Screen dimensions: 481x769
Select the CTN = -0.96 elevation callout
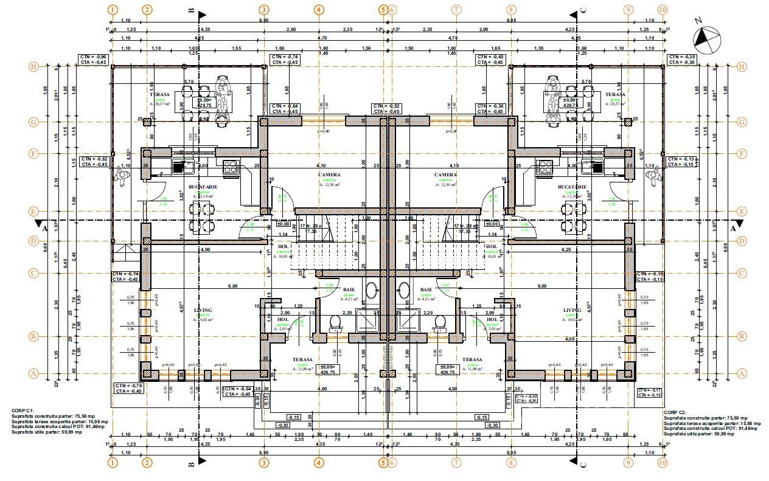tap(92, 59)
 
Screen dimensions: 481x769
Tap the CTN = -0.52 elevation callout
tap(386, 109)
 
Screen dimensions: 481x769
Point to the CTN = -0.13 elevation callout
tap(680, 161)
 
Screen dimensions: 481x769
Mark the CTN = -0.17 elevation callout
tap(649, 392)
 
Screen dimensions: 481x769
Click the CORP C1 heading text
tap(23, 411)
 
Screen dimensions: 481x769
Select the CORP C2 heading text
tap(676, 413)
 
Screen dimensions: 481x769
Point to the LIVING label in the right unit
tap(572, 310)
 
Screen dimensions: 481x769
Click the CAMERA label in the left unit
tap(329, 175)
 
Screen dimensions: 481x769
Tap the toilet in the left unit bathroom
tap(334, 322)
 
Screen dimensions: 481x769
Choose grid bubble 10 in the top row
tap(663, 10)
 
